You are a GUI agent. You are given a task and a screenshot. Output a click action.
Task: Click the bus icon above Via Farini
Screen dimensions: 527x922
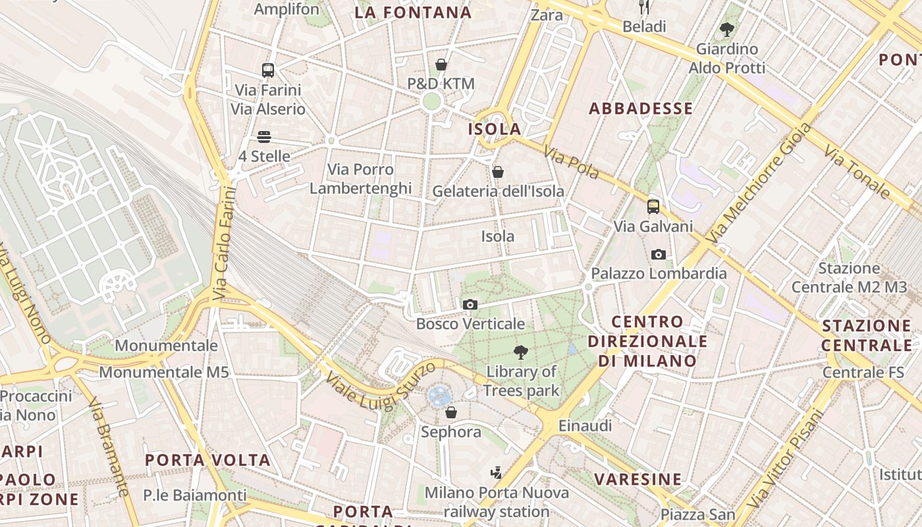click(267, 70)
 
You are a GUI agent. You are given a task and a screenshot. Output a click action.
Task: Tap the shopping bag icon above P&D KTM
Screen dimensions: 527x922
click(441, 65)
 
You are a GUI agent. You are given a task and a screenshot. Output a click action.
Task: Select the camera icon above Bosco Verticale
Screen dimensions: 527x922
click(470, 304)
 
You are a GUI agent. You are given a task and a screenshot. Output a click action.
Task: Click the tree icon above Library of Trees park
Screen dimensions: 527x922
click(521, 352)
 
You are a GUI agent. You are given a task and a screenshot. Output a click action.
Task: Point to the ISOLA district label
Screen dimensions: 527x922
click(495, 129)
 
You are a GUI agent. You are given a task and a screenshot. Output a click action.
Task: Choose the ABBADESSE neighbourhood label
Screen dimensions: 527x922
click(641, 109)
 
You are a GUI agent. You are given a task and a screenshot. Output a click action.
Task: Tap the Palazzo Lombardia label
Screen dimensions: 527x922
click(659, 273)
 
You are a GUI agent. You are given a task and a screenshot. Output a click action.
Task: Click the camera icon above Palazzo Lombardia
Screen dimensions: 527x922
click(658, 254)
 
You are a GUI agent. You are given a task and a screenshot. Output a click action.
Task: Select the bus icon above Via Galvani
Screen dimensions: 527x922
click(653, 206)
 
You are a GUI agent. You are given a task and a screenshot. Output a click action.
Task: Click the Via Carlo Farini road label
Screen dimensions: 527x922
click(224, 244)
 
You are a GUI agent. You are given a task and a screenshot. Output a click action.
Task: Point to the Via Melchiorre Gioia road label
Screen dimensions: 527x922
click(759, 184)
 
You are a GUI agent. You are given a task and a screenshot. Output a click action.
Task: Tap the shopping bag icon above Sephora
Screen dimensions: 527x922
click(451, 413)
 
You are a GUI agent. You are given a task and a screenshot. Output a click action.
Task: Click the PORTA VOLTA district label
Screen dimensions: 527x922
click(207, 460)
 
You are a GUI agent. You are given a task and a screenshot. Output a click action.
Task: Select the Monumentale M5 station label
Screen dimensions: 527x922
click(164, 372)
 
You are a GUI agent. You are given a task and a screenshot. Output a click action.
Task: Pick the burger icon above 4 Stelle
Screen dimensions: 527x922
click(264, 137)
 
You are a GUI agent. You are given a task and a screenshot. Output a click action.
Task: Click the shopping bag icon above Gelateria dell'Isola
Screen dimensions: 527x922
click(498, 172)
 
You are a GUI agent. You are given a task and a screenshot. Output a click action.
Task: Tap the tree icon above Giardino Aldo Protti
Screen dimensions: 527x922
click(727, 30)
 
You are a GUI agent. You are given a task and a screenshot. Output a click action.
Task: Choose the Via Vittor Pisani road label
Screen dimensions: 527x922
click(790, 464)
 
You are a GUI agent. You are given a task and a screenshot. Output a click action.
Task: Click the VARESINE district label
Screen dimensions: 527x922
click(638, 479)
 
